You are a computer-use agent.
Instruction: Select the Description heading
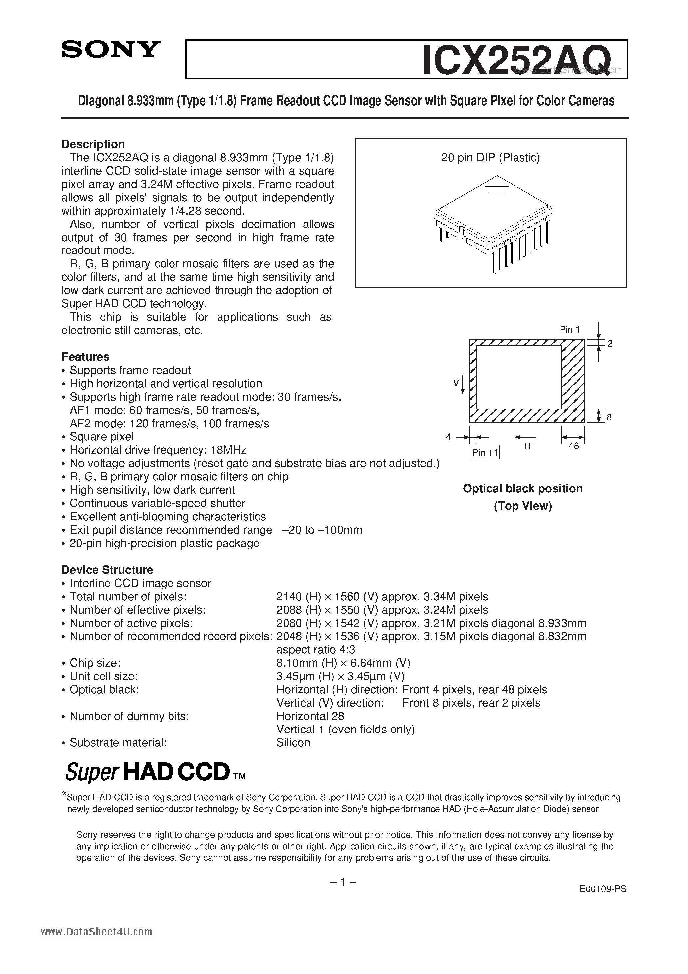(x=93, y=144)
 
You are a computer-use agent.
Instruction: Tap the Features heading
(x=85, y=357)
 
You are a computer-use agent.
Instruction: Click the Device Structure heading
(x=107, y=570)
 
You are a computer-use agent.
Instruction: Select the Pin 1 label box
(x=569, y=330)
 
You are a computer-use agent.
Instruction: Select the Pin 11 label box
(x=485, y=453)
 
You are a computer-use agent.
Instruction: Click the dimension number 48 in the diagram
(x=573, y=446)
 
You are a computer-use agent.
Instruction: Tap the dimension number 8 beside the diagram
(x=609, y=417)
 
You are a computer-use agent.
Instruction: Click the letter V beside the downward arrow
(x=456, y=383)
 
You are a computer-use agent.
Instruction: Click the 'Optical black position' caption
(x=522, y=489)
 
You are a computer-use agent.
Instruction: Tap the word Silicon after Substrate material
(x=293, y=742)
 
